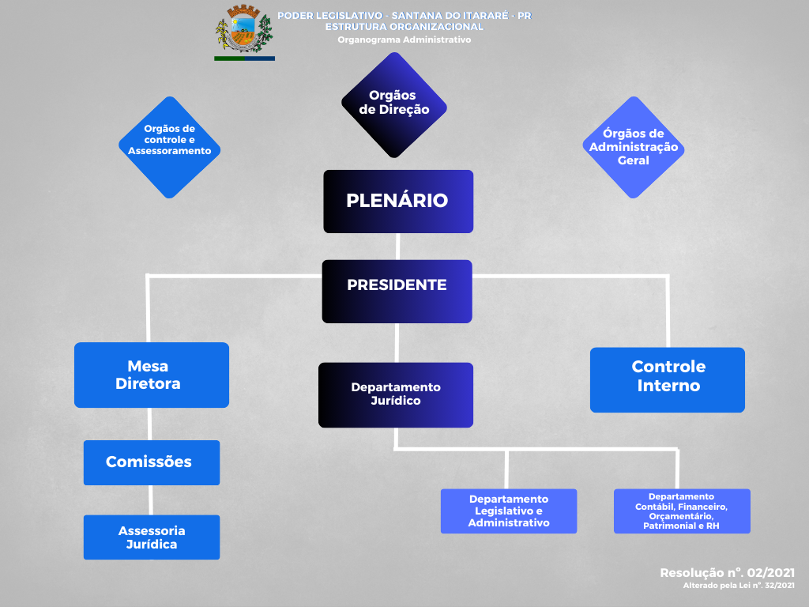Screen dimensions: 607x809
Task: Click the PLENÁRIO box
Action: (398, 201)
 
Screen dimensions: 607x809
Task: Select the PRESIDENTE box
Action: (397, 291)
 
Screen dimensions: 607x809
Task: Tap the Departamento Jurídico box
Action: (396, 394)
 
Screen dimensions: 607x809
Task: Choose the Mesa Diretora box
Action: (152, 375)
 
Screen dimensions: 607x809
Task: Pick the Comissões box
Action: (152, 462)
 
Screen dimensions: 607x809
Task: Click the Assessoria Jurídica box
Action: (152, 537)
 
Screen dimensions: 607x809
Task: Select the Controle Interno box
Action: (668, 379)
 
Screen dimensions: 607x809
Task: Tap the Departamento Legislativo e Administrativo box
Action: (509, 511)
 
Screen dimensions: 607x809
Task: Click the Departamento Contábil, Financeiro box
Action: (682, 511)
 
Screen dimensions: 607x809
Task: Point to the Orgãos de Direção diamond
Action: (394, 104)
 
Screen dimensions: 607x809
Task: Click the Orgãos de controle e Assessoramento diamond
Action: (169, 147)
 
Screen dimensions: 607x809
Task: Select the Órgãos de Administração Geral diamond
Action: (634, 147)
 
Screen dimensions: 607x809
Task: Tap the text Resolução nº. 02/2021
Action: (727, 572)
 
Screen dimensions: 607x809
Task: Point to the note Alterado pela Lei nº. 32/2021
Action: (739, 586)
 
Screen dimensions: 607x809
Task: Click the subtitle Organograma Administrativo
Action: (404, 40)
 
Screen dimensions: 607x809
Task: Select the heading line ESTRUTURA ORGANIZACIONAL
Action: (404, 27)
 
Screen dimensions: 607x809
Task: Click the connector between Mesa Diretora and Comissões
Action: (150, 424)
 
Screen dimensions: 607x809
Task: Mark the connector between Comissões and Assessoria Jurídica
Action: (151, 500)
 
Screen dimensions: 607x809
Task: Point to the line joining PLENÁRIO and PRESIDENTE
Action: (397, 246)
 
